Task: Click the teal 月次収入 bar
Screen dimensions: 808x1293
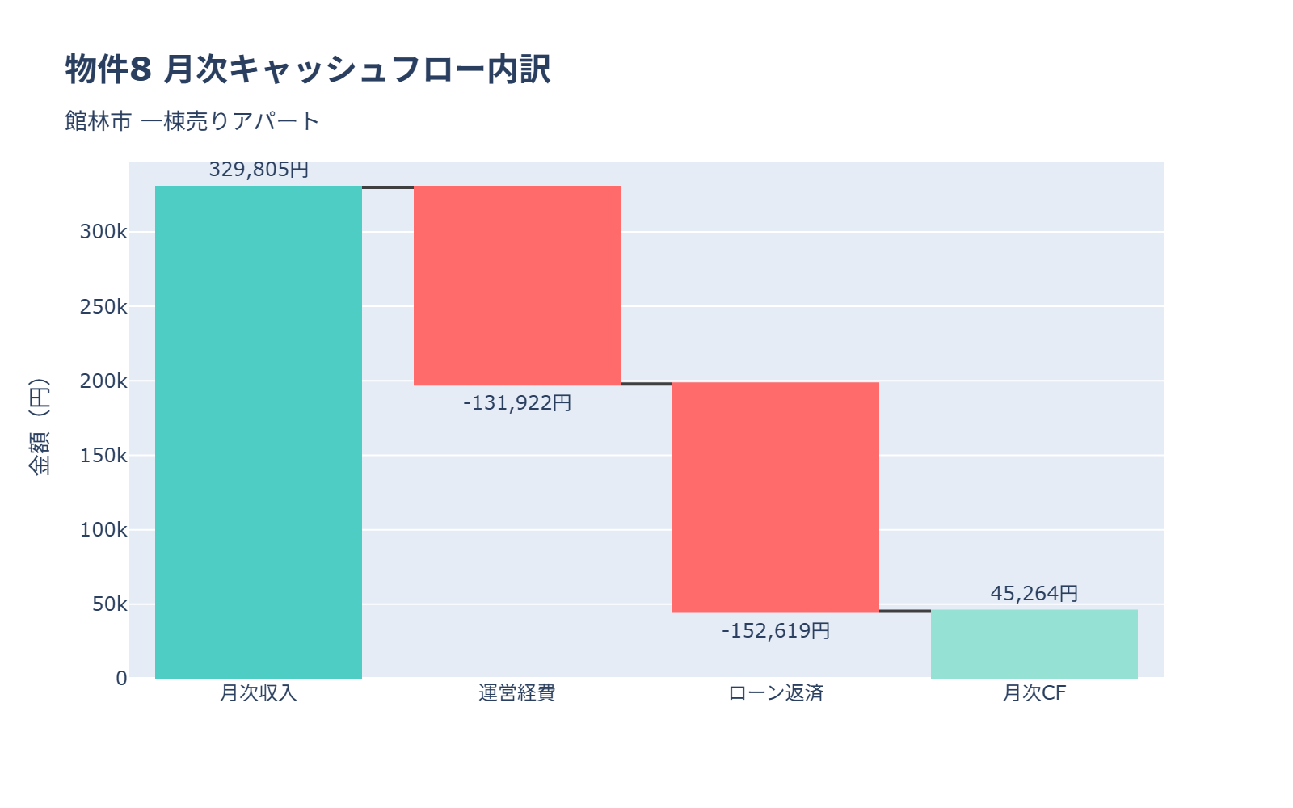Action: click(x=259, y=432)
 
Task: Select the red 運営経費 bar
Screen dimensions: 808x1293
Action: click(x=517, y=285)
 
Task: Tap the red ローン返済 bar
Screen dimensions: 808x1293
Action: click(x=776, y=497)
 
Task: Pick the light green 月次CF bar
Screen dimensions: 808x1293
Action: click(x=1034, y=644)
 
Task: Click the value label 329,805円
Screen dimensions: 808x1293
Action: click(x=259, y=170)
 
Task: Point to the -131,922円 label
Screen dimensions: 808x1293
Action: click(x=517, y=402)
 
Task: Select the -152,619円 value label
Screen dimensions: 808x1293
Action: click(x=776, y=630)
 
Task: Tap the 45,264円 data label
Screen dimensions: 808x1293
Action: click(x=1034, y=593)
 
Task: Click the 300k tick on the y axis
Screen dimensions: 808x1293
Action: click(x=103, y=232)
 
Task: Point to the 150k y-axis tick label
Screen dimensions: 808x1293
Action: click(x=103, y=456)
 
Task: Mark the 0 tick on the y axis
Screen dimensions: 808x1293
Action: click(x=121, y=679)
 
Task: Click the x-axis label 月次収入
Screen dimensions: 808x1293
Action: click(x=259, y=693)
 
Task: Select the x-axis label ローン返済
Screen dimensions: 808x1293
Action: click(x=776, y=693)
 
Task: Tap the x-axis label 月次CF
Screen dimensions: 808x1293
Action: click(x=1034, y=693)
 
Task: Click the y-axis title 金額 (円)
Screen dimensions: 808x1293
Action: click(x=39, y=427)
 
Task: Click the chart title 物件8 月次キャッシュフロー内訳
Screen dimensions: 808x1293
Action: click(x=308, y=69)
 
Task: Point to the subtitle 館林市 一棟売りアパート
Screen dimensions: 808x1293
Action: click(x=192, y=121)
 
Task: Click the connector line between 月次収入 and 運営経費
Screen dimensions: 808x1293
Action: click(x=388, y=187)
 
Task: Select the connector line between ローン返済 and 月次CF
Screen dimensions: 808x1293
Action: click(x=905, y=611)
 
